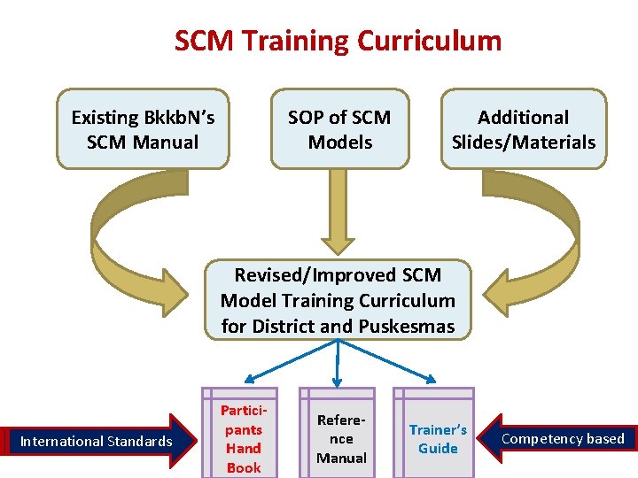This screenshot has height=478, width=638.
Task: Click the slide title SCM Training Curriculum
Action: click(x=338, y=41)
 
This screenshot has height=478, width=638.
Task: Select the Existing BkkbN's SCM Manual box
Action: click(x=143, y=129)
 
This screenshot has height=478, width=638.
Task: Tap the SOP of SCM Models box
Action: click(x=339, y=129)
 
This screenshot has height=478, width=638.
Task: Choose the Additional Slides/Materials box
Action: click(x=523, y=129)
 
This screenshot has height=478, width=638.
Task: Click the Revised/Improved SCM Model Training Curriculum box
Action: click(x=338, y=301)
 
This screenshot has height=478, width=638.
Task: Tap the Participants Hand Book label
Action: click(x=243, y=439)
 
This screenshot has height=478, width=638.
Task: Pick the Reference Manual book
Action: click(x=341, y=439)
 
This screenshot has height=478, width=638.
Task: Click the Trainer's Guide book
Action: click(x=438, y=439)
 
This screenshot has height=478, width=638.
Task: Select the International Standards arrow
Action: click(x=97, y=441)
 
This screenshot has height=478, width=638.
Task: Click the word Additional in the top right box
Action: click(x=523, y=117)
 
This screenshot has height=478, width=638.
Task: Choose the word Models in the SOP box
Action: click(x=339, y=142)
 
